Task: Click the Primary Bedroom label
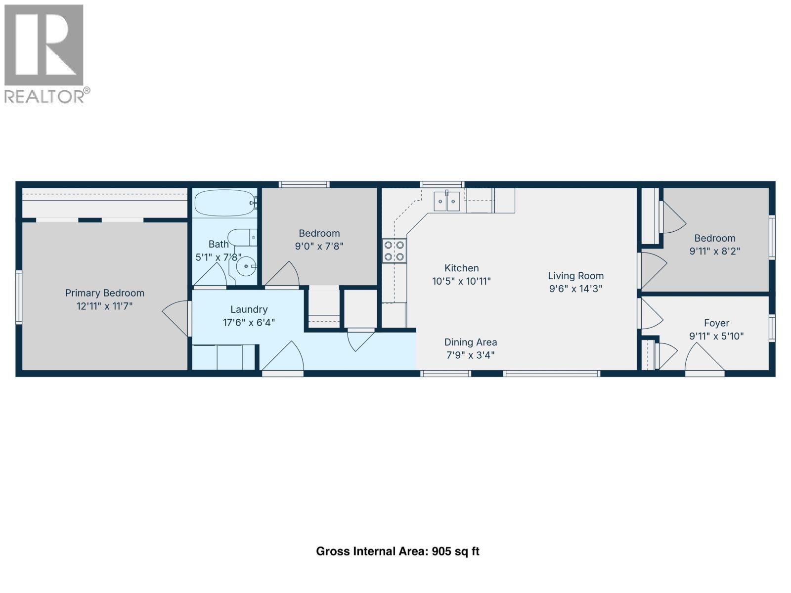pos(104,293)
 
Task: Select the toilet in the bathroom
pos(241,237)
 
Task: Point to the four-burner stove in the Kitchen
pos(394,251)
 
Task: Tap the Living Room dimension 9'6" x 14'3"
pos(575,289)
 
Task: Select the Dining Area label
pos(470,342)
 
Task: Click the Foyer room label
pos(716,323)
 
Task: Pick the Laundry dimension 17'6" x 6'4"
pos(249,323)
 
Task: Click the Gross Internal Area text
pos(397,551)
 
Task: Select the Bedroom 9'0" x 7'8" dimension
pos(319,246)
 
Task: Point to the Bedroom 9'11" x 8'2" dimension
pos(714,251)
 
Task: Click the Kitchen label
pos(461,268)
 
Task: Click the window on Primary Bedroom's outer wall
pos(19,297)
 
